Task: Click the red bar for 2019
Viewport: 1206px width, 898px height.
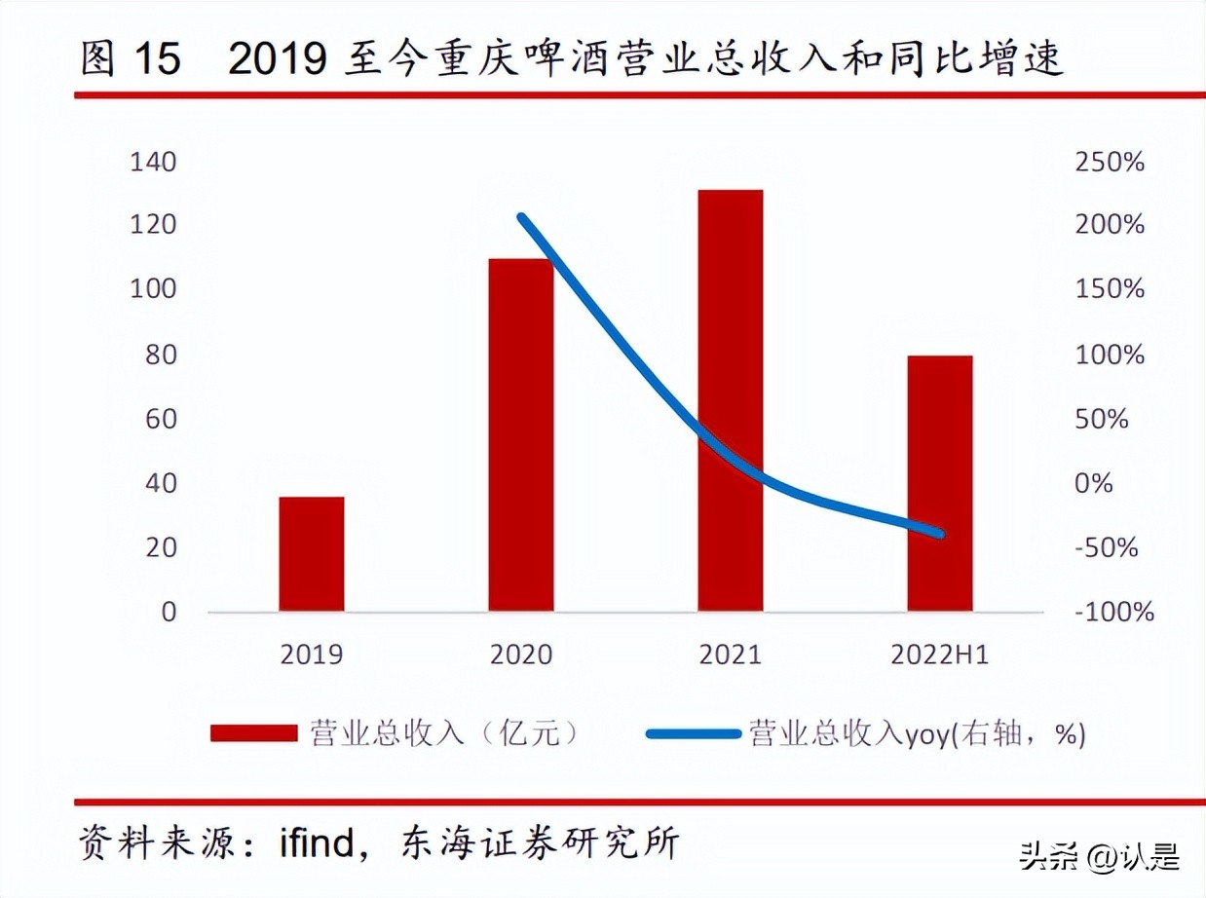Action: pos(312,554)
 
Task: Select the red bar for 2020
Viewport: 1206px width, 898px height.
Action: pos(521,435)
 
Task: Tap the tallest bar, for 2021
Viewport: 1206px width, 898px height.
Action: pos(731,400)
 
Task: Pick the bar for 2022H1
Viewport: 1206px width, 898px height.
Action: pos(940,483)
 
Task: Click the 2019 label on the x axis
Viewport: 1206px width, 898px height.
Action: pos(312,655)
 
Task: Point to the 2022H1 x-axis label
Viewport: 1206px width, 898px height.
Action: pos(940,655)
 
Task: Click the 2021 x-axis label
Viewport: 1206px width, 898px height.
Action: pos(731,655)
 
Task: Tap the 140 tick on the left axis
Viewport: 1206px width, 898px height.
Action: pos(154,162)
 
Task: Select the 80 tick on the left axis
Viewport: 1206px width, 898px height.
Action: pos(161,355)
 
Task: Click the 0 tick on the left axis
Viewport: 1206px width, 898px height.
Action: pos(170,612)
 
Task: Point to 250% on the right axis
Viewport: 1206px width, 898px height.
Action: pos(1110,162)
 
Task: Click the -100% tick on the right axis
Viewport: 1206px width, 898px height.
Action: pos(1114,612)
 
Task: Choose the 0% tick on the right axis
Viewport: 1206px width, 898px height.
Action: pos(1093,483)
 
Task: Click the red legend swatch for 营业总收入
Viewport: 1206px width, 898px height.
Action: pos(253,733)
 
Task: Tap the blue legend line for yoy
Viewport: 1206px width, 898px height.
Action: pos(693,733)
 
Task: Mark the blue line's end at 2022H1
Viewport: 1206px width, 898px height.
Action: pos(939,534)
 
